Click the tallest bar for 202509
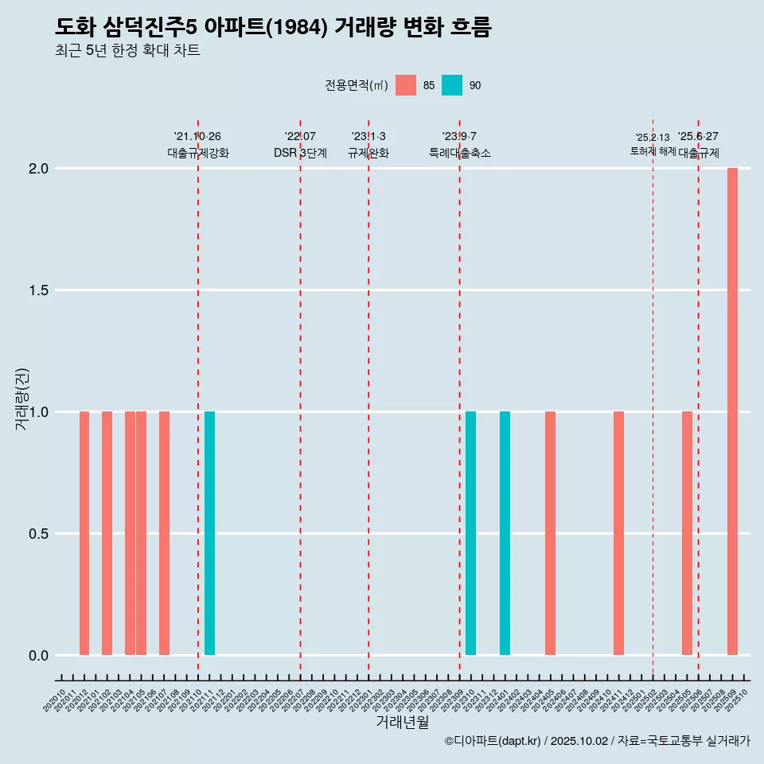tap(732, 411)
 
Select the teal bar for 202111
tap(209, 533)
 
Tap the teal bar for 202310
tap(471, 533)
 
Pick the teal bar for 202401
tap(505, 533)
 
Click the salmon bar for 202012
tap(84, 533)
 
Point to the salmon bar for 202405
tap(550, 533)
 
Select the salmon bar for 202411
tap(618, 533)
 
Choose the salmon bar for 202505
tap(687, 533)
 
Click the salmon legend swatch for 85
tap(406, 85)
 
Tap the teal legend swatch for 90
tap(452, 85)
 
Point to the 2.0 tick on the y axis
tap(40, 169)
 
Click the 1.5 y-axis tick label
tap(40, 290)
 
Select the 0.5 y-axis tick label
tap(40, 534)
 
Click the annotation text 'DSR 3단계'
tap(300, 153)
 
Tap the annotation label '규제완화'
tap(368, 153)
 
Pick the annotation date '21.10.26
tap(197, 136)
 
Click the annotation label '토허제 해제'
tap(653, 150)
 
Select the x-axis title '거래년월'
tap(403, 723)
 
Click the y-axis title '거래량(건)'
tap(21, 399)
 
